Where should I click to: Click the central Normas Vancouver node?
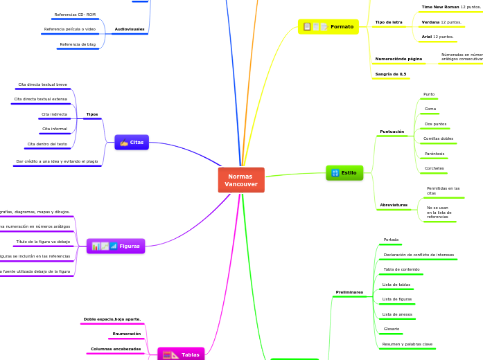pyautogui.click(x=241, y=180)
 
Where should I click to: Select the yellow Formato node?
pyautogui.click(x=328, y=26)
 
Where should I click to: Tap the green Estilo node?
pyautogui.click(x=344, y=172)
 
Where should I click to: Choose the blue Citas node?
pyautogui.click(x=132, y=142)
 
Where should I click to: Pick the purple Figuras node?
pyautogui.click(x=116, y=246)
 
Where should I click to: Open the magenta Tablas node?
pyautogui.click(x=181, y=354)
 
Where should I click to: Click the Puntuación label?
pyautogui.click(x=392, y=132)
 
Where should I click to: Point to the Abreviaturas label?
pyautogui.click(x=394, y=205)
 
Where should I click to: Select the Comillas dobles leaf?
pyautogui.click(x=438, y=138)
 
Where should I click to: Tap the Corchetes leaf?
pyautogui.click(x=434, y=168)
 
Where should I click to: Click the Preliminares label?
pyautogui.click(x=349, y=292)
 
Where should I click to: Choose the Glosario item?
pyautogui.click(x=392, y=328)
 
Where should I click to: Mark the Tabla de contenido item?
pyautogui.click(x=401, y=269)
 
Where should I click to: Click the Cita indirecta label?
pyautogui.click(x=54, y=114)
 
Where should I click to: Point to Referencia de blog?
pyautogui.click(x=78, y=44)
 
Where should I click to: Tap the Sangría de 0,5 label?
pyautogui.click(x=391, y=74)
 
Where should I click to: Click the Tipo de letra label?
pyautogui.click(x=389, y=22)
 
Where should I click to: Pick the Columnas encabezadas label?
pyautogui.click(x=116, y=349)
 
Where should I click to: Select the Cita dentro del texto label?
pyautogui.click(x=47, y=144)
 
